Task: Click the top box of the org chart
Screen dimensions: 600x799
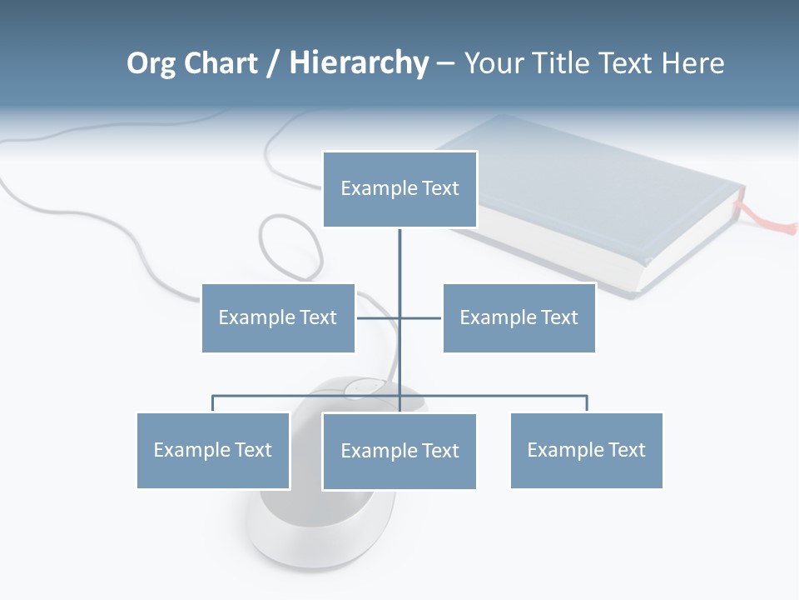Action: click(399, 189)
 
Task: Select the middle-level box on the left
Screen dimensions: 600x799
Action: click(278, 317)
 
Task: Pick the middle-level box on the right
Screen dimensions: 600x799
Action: click(519, 317)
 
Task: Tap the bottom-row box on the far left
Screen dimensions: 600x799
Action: click(213, 450)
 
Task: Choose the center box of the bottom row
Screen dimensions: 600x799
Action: click(399, 451)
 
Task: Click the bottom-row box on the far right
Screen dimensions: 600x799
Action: click(586, 450)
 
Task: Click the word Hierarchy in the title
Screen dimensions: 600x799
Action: click(359, 63)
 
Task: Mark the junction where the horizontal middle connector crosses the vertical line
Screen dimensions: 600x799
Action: click(399, 317)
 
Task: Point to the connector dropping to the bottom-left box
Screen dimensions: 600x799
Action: click(213, 403)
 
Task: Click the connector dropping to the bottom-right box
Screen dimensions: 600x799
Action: click(587, 403)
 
